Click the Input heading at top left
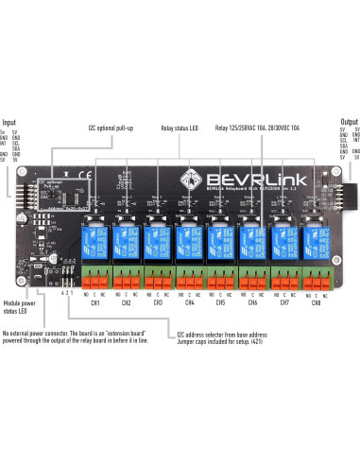[x=9, y=122]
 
